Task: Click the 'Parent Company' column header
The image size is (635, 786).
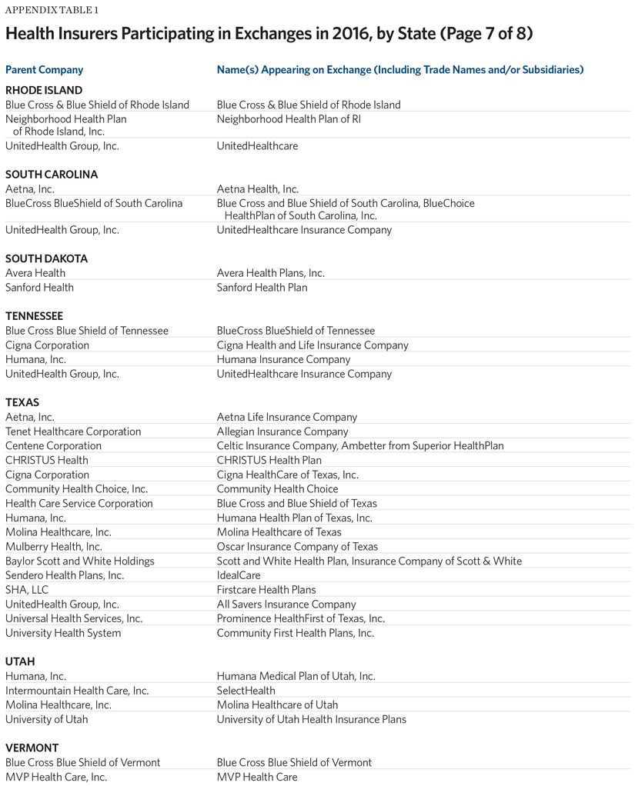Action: [44, 70]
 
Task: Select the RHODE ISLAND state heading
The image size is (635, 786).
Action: [44, 90]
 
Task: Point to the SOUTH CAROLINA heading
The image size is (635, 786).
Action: [52, 175]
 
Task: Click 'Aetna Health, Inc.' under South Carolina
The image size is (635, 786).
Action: [257, 189]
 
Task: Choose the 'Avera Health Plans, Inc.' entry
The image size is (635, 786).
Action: [270, 273]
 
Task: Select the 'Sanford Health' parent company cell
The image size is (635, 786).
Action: [39, 288]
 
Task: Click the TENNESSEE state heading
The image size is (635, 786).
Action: [34, 316]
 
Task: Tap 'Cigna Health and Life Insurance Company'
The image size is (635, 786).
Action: [312, 345]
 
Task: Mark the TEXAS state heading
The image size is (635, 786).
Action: [22, 402]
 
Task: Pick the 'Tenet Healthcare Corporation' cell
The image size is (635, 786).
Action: [73, 431]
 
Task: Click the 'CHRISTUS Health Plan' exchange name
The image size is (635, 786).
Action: [269, 460]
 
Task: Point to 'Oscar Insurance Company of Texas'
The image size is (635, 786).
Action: [297, 547]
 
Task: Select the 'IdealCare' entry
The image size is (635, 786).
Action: [239, 575]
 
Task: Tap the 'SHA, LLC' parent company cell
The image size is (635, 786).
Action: [25, 590]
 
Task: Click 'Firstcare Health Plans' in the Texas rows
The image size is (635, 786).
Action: [266, 590]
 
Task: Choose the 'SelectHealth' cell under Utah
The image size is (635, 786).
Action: [246, 691]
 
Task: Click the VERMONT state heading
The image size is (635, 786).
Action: [32, 748]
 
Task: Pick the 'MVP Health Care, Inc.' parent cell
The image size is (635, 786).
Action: [56, 777]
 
